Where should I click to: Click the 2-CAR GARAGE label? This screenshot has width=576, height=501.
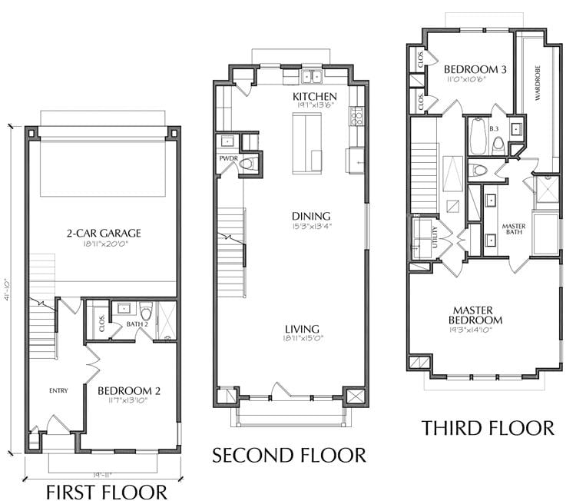(104, 233)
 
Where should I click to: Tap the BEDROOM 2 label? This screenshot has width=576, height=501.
(129, 390)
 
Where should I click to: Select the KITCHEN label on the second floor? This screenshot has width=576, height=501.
(314, 96)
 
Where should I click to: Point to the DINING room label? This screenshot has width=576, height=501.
(311, 216)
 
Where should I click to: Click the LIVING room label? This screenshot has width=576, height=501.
(303, 329)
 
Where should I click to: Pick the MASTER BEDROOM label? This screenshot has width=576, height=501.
(475, 315)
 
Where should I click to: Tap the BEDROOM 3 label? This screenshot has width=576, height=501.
(475, 69)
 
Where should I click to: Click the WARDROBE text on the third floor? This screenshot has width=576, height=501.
(538, 83)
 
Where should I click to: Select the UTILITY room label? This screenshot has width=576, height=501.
(435, 237)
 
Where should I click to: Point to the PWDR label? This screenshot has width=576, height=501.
(229, 158)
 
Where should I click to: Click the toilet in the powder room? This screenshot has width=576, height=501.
(249, 164)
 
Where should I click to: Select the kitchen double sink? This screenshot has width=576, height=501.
(311, 77)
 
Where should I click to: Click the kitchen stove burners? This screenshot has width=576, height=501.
(357, 116)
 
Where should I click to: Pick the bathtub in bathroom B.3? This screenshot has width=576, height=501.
(478, 135)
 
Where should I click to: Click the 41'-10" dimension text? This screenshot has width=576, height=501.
(8, 290)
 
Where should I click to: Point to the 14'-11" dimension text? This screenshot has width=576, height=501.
(102, 476)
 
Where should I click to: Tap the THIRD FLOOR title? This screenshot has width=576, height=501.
(488, 428)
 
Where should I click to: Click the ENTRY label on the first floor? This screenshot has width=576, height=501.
(58, 390)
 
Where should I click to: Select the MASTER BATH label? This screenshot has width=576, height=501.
(514, 229)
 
